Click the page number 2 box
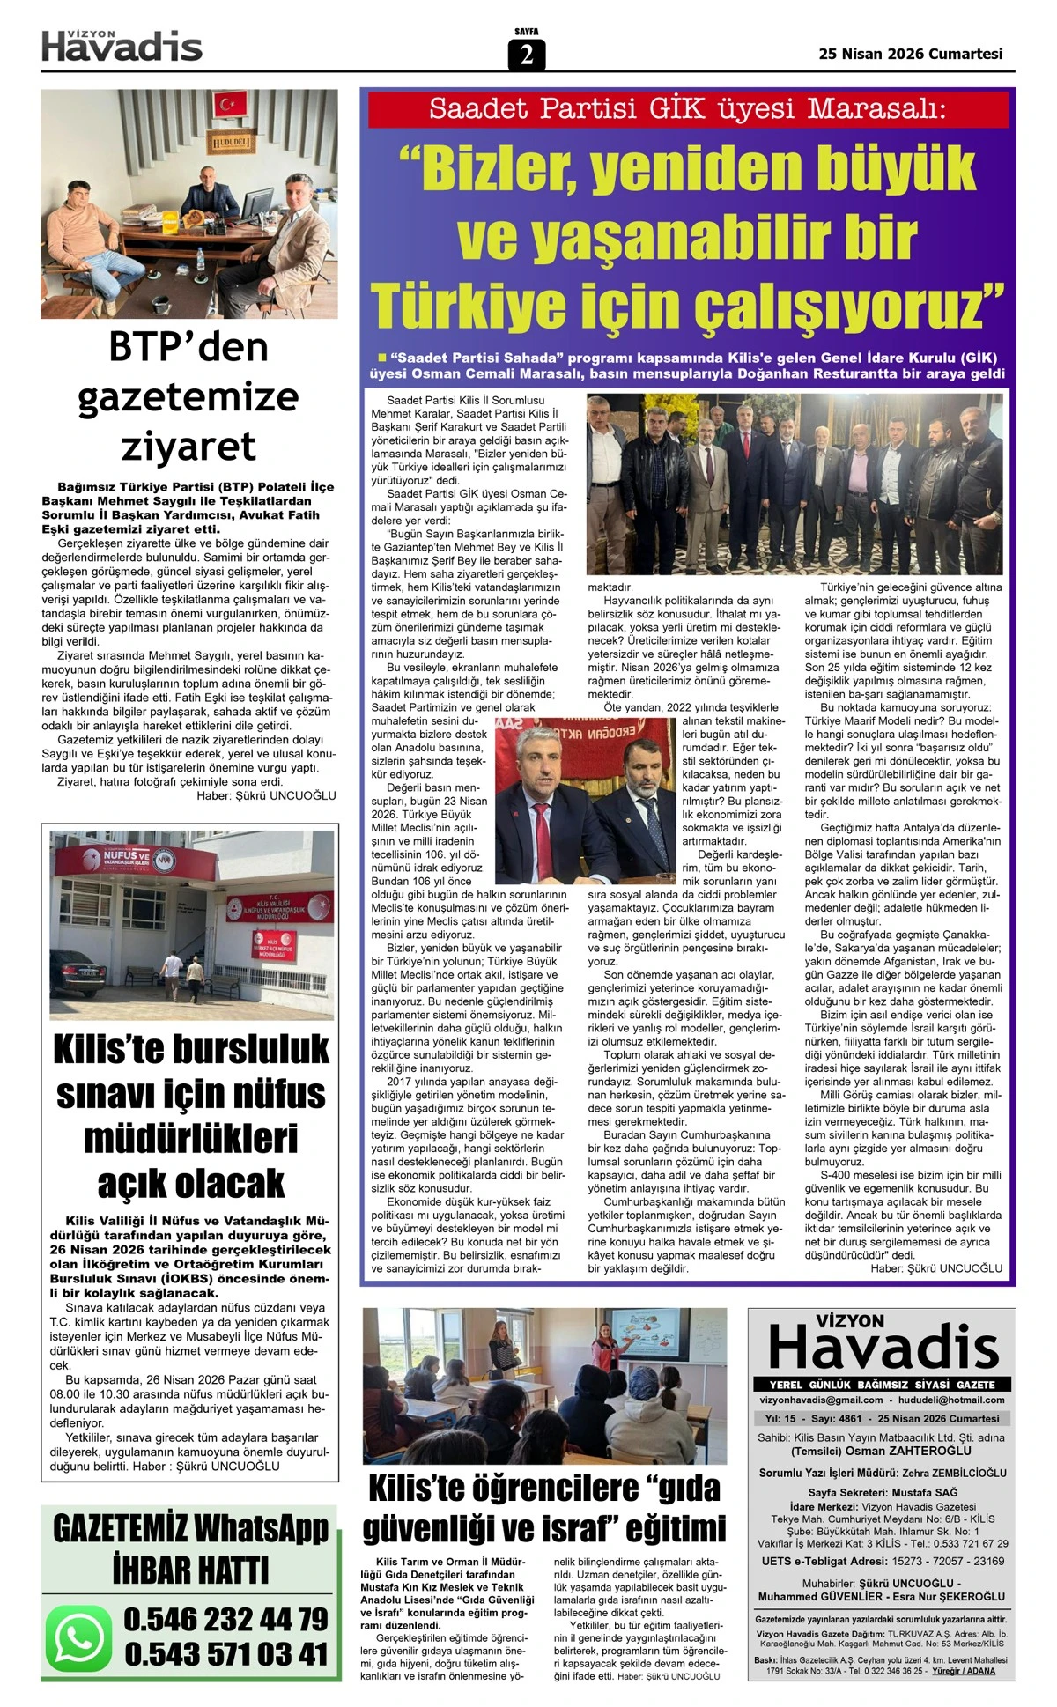coord(526,55)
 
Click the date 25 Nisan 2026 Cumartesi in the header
coord(910,54)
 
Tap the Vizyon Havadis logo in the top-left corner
coord(122,46)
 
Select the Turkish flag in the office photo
coord(229,103)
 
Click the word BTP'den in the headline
coord(188,347)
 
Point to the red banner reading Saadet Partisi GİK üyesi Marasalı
coord(687,109)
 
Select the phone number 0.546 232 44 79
coord(225,1619)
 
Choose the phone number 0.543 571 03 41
coord(225,1654)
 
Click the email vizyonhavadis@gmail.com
coord(821,1400)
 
